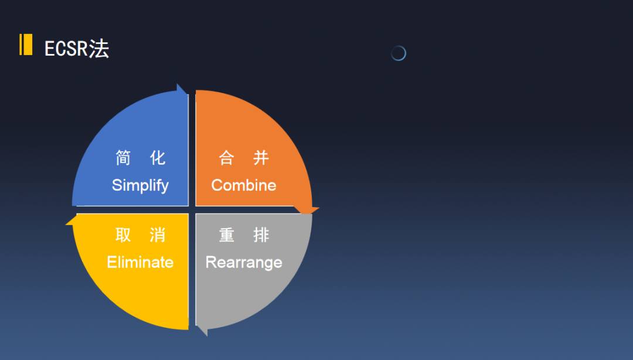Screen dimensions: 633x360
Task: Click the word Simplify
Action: click(x=140, y=185)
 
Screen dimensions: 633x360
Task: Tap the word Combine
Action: click(x=244, y=185)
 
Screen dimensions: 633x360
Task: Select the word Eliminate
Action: click(x=140, y=262)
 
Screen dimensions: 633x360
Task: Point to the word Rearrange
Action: click(x=244, y=263)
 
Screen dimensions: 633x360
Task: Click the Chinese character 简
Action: click(x=123, y=158)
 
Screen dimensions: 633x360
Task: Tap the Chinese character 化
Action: click(x=158, y=158)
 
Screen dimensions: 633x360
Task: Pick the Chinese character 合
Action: click(x=226, y=158)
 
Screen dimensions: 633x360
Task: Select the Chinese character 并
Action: click(x=261, y=158)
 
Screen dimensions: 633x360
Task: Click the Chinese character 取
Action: click(x=123, y=235)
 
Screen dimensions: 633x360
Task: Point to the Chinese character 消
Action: click(x=158, y=235)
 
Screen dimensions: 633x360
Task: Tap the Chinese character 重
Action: click(x=226, y=235)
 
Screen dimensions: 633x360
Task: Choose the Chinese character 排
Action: click(x=261, y=235)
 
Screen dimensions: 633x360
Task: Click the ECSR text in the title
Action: click(x=66, y=49)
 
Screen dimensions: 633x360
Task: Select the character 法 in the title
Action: click(x=99, y=49)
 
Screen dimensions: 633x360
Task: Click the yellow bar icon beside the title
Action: click(x=26, y=45)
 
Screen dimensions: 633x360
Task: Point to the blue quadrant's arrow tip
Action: click(x=177, y=84)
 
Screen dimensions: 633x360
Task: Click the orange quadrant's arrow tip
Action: click(x=319, y=209)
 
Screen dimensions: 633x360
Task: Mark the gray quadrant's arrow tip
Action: click(x=207, y=336)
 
